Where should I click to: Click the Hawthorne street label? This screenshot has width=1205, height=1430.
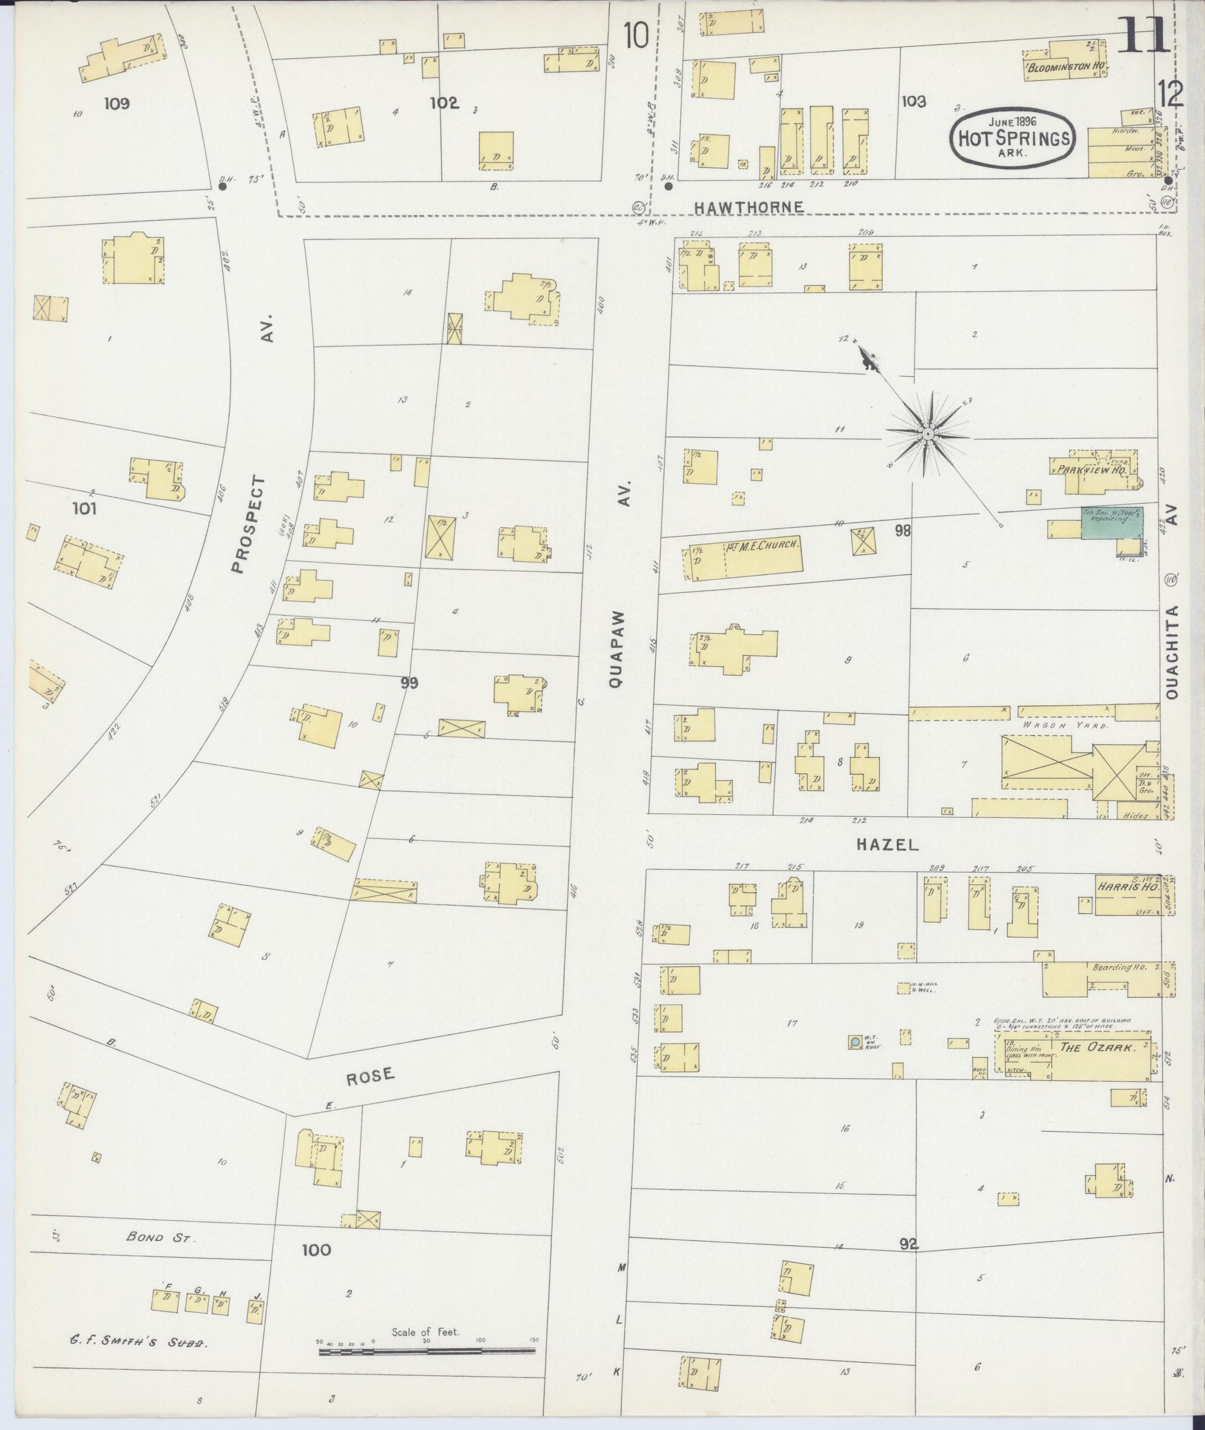click(748, 206)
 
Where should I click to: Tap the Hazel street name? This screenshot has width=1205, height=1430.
click(887, 845)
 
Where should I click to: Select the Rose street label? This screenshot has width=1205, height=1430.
click(370, 1076)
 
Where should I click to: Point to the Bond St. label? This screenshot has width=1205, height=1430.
click(161, 1237)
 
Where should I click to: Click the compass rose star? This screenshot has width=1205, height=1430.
click(928, 435)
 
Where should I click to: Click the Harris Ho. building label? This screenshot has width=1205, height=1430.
click(1127, 887)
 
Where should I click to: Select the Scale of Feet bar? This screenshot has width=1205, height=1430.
click(427, 1351)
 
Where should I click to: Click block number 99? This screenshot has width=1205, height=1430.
click(409, 682)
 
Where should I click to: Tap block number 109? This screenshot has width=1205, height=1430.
click(117, 103)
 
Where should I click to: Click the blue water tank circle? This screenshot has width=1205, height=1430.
click(855, 1042)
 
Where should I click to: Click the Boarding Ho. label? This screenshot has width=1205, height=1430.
click(1111, 968)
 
